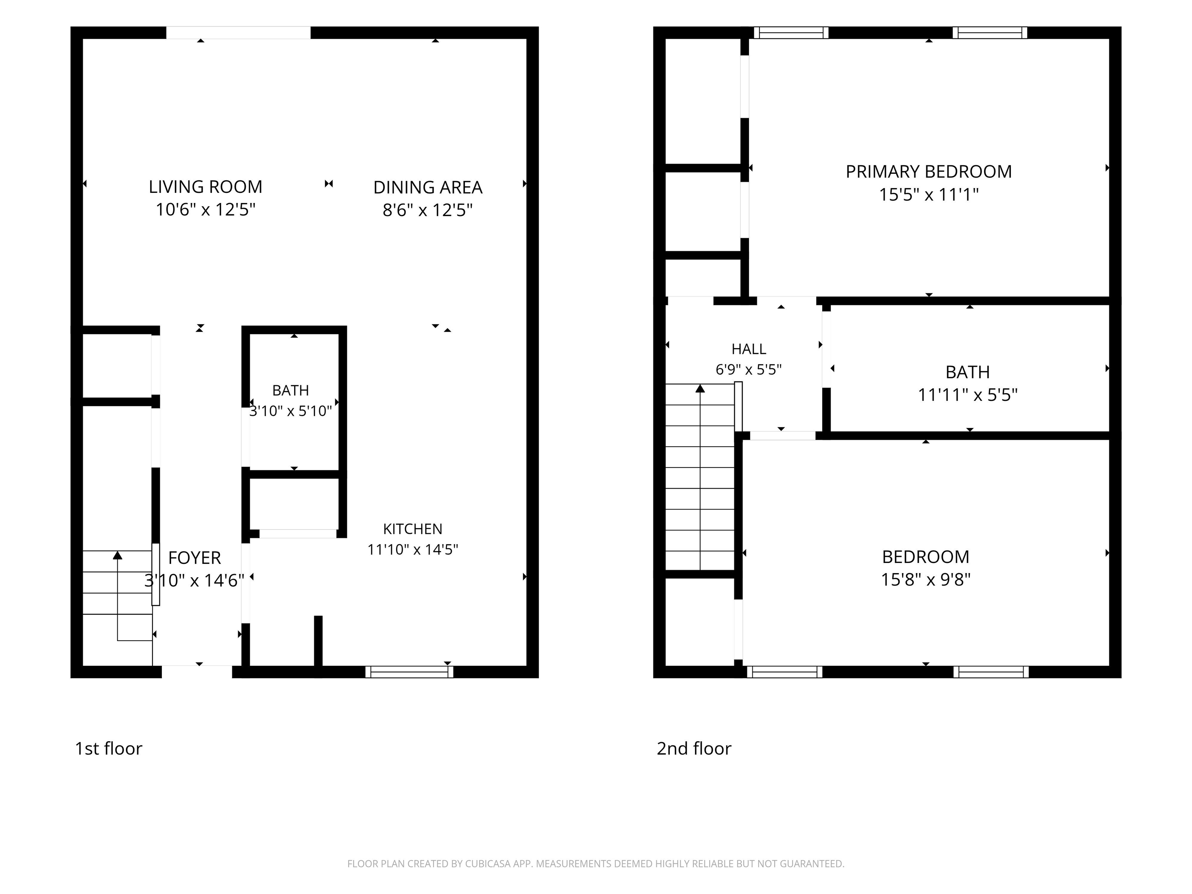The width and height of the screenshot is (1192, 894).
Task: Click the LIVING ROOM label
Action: coord(205,187)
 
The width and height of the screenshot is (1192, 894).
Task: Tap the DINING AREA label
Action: coord(428,187)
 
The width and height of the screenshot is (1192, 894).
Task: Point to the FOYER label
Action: coord(194,557)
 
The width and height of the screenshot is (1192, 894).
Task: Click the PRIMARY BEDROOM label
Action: coord(929,172)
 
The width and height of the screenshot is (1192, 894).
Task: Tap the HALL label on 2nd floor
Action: coord(748,349)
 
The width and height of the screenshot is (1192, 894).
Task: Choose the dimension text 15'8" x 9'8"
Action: coord(925,579)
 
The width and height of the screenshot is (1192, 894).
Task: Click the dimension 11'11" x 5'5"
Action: coord(967,395)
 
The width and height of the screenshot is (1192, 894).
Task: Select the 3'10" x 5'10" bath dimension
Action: coord(291,411)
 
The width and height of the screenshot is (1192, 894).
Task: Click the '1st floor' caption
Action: coord(108,748)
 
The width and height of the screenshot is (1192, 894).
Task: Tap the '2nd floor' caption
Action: coord(694,748)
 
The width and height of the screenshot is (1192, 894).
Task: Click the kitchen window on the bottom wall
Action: coord(409,672)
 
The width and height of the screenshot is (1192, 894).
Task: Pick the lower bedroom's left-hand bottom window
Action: coord(785,672)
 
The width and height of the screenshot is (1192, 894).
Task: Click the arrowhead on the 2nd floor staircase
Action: coord(700,388)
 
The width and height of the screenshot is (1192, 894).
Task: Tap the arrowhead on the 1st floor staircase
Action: coord(118,555)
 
